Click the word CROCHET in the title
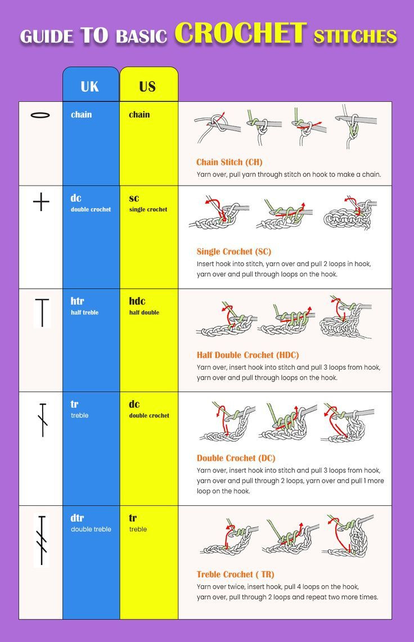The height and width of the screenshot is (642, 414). click(x=241, y=34)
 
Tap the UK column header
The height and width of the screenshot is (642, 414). click(x=90, y=86)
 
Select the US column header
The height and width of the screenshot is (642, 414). click(x=147, y=86)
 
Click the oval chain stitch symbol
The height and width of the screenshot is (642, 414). click(x=40, y=115)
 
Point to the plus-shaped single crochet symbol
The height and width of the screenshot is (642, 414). click(x=41, y=201)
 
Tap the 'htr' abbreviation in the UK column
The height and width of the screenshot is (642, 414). click(x=77, y=301)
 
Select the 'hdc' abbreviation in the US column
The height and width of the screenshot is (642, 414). click(x=137, y=301)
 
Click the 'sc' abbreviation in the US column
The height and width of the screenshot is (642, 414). click(x=134, y=198)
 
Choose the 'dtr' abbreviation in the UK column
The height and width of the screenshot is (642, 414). click(x=77, y=518)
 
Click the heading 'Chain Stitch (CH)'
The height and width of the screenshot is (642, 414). click(x=229, y=162)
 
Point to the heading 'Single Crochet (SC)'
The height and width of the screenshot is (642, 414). click(x=233, y=252)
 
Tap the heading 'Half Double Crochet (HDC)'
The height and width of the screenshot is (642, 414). click(x=247, y=354)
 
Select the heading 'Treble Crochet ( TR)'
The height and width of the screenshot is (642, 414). click(x=235, y=574)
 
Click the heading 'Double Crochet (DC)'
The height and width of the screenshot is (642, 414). click(x=236, y=458)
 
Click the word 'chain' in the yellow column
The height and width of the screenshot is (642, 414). click(x=139, y=115)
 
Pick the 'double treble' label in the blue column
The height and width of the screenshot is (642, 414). click(x=91, y=529)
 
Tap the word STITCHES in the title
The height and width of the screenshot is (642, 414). click(x=355, y=37)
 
